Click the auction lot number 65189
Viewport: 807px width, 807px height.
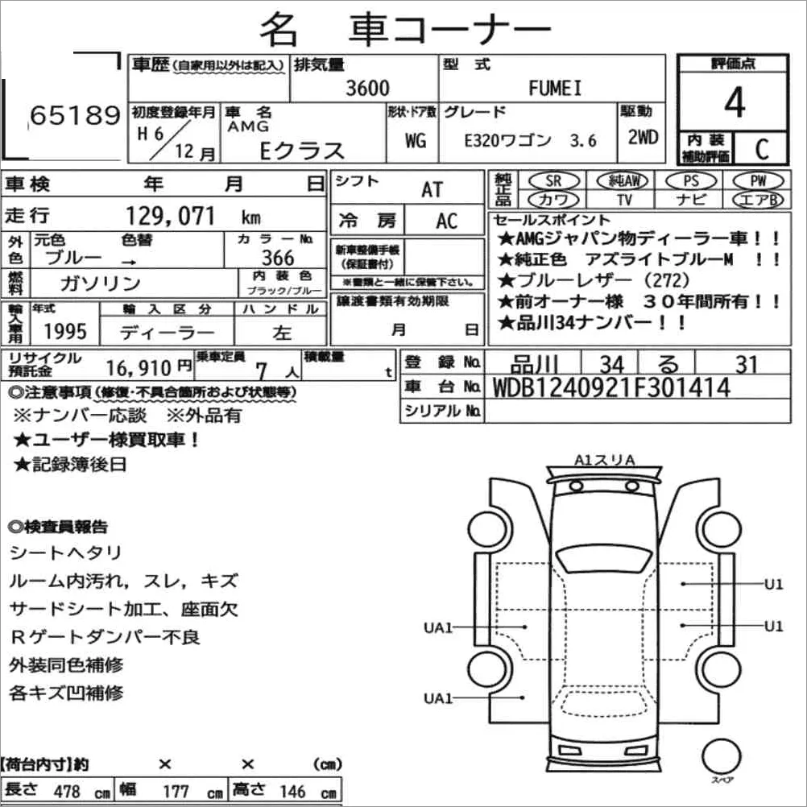click(x=74, y=117)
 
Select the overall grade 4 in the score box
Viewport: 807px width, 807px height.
click(x=734, y=102)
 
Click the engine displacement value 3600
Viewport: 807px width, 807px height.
click(x=366, y=88)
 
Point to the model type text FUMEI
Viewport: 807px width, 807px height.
click(x=554, y=89)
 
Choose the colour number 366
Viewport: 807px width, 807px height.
click(x=278, y=258)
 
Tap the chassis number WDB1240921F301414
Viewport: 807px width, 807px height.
click(x=610, y=387)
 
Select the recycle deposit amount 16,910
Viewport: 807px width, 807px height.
click(x=138, y=369)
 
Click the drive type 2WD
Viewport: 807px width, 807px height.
click(x=643, y=137)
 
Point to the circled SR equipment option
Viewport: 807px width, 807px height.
click(x=553, y=180)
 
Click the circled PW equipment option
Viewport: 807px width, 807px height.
click(x=756, y=180)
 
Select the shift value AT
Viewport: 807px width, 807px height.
click(x=432, y=189)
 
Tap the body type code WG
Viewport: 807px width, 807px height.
click(x=416, y=141)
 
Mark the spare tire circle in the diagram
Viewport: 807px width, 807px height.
click(x=722, y=757)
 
